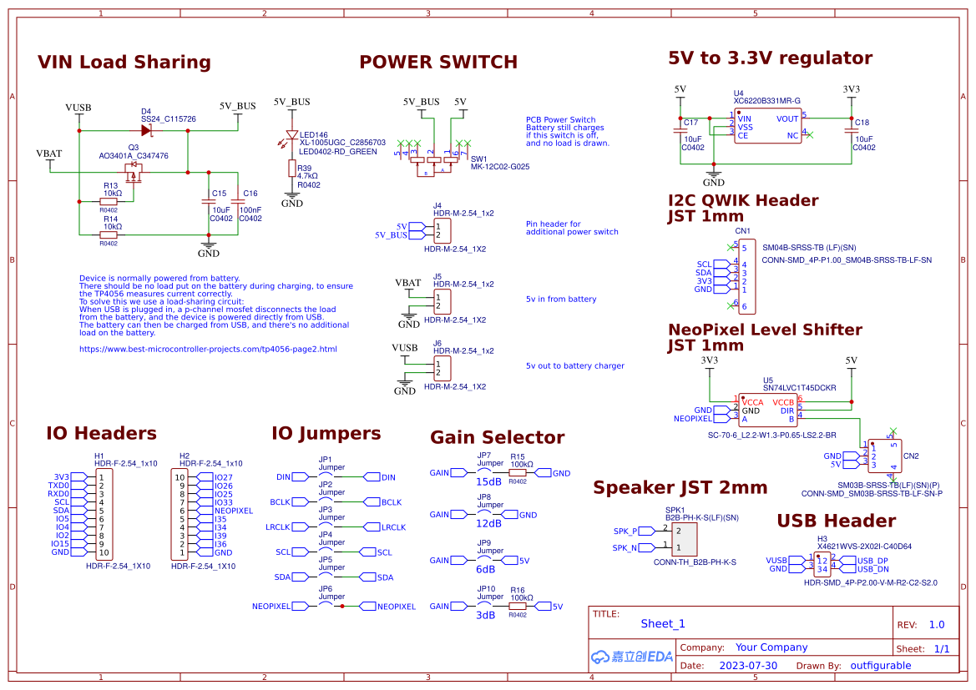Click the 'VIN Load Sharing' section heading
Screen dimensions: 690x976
pyautogui.click(x=124, y=63)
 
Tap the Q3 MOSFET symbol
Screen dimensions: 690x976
pyautogui.click(x=134, y=173)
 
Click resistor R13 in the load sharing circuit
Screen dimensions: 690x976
pyautogui.click(x=109, y=201)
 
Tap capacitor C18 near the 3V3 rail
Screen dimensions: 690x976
pyautogui.click(x=851, y=131)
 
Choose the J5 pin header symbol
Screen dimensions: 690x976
pyautogui.click(x=442, y=301)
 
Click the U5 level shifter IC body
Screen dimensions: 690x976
pyautogui.click(x=767, y=410)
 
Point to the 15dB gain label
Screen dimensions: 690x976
pyautogui.click(x=488, y=482)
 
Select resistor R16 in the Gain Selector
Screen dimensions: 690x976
pyautogui.click(x=518, y=607)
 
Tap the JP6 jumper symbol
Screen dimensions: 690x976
pyautogui.click(x=331, y=606)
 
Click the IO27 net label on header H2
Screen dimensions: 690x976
pyautogui.click(x=223, y=477)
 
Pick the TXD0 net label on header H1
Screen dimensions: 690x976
pyautogui.click(x=58, y=486)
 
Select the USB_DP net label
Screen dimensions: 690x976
pyautogui.click(x=872, y=560)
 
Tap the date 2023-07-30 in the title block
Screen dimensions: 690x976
pyautogui.click(x=747, y=666)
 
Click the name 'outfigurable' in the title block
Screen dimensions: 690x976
pyautogui.click(x=881, y=666)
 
